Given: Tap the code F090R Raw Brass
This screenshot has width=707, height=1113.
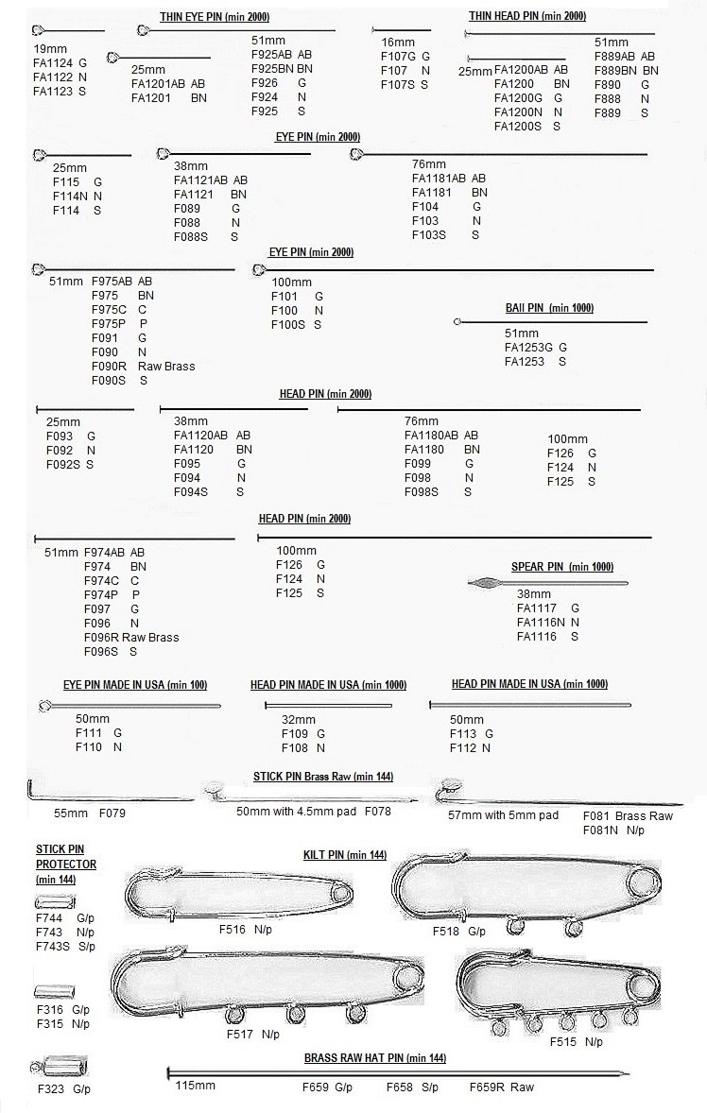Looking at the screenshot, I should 143,366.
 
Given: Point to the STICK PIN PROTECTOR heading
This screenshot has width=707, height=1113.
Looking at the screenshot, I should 66,857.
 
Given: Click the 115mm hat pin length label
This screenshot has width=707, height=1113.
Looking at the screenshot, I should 195,1086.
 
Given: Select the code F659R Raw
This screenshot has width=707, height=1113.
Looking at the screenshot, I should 501,1087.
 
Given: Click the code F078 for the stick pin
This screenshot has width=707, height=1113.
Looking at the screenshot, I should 377,811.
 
